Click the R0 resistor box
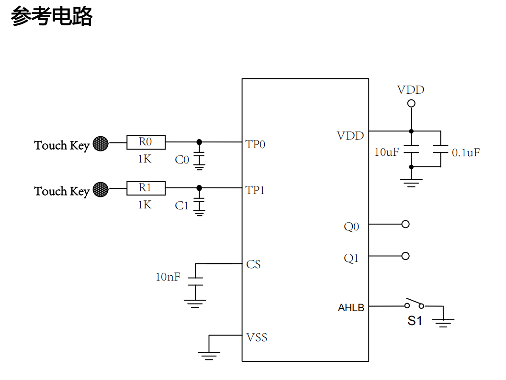(146, 142)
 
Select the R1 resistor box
(146, 188)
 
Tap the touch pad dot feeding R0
(101, 144)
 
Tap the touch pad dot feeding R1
(101, 190)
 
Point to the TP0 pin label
(255, 144)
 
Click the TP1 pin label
(255, 190)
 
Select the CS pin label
(253, 264)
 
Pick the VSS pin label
(257, 337)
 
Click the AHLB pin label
(351, 308)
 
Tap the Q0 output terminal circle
(405, 224)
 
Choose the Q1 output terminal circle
(405, 256)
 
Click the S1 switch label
(415, 320)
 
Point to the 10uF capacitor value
(386, 152)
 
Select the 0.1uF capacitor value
(466, 152)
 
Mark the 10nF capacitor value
(168, 276)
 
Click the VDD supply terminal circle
(411, 103)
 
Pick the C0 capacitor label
(182, 160)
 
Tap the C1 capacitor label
(182, 206)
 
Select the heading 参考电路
(52, 17)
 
